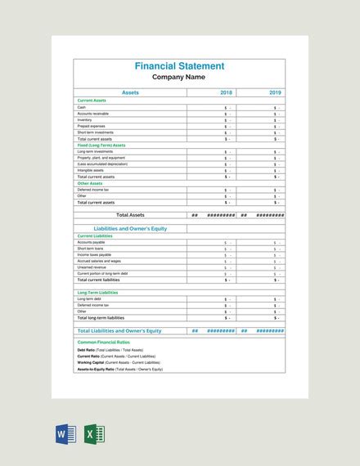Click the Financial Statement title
179,65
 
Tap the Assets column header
130,93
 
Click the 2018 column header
227,93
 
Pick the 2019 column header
275,93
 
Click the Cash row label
82,107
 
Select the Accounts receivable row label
92,114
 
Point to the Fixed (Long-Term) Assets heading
101,145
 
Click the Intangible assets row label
89,170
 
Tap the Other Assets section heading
90,183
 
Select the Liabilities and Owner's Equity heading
130,229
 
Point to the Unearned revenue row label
91,267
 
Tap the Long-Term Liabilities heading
98,292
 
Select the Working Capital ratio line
126,362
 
